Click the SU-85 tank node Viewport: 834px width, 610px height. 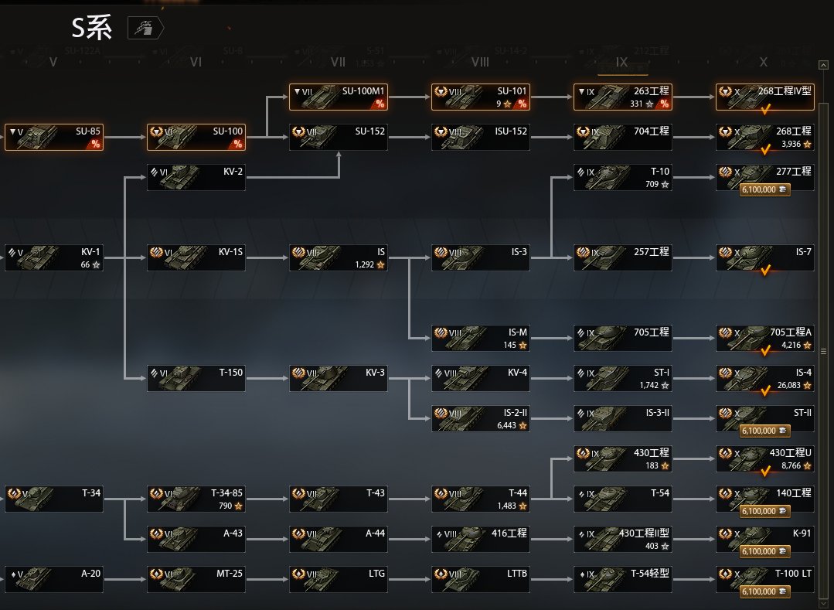(53, 137)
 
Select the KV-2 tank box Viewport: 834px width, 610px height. (196, 177)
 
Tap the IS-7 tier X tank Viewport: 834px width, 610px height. (764, 257)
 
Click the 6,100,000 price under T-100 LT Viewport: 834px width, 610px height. (764, 591)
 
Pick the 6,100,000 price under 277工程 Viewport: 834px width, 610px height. (764, 189)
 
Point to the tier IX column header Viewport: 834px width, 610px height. (622, 62)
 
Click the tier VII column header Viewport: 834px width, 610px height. (338, 62)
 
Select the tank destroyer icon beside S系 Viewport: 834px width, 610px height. (145, 29)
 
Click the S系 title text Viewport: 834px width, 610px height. (92, 29)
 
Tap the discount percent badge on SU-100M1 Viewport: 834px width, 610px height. (380, 104)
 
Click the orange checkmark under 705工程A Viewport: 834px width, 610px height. (766, 351)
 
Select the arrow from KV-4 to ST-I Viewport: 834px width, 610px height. (551, 378)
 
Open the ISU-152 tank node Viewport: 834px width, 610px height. (480, 137)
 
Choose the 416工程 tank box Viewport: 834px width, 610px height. (480, 539)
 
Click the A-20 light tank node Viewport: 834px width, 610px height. (53, 579)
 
